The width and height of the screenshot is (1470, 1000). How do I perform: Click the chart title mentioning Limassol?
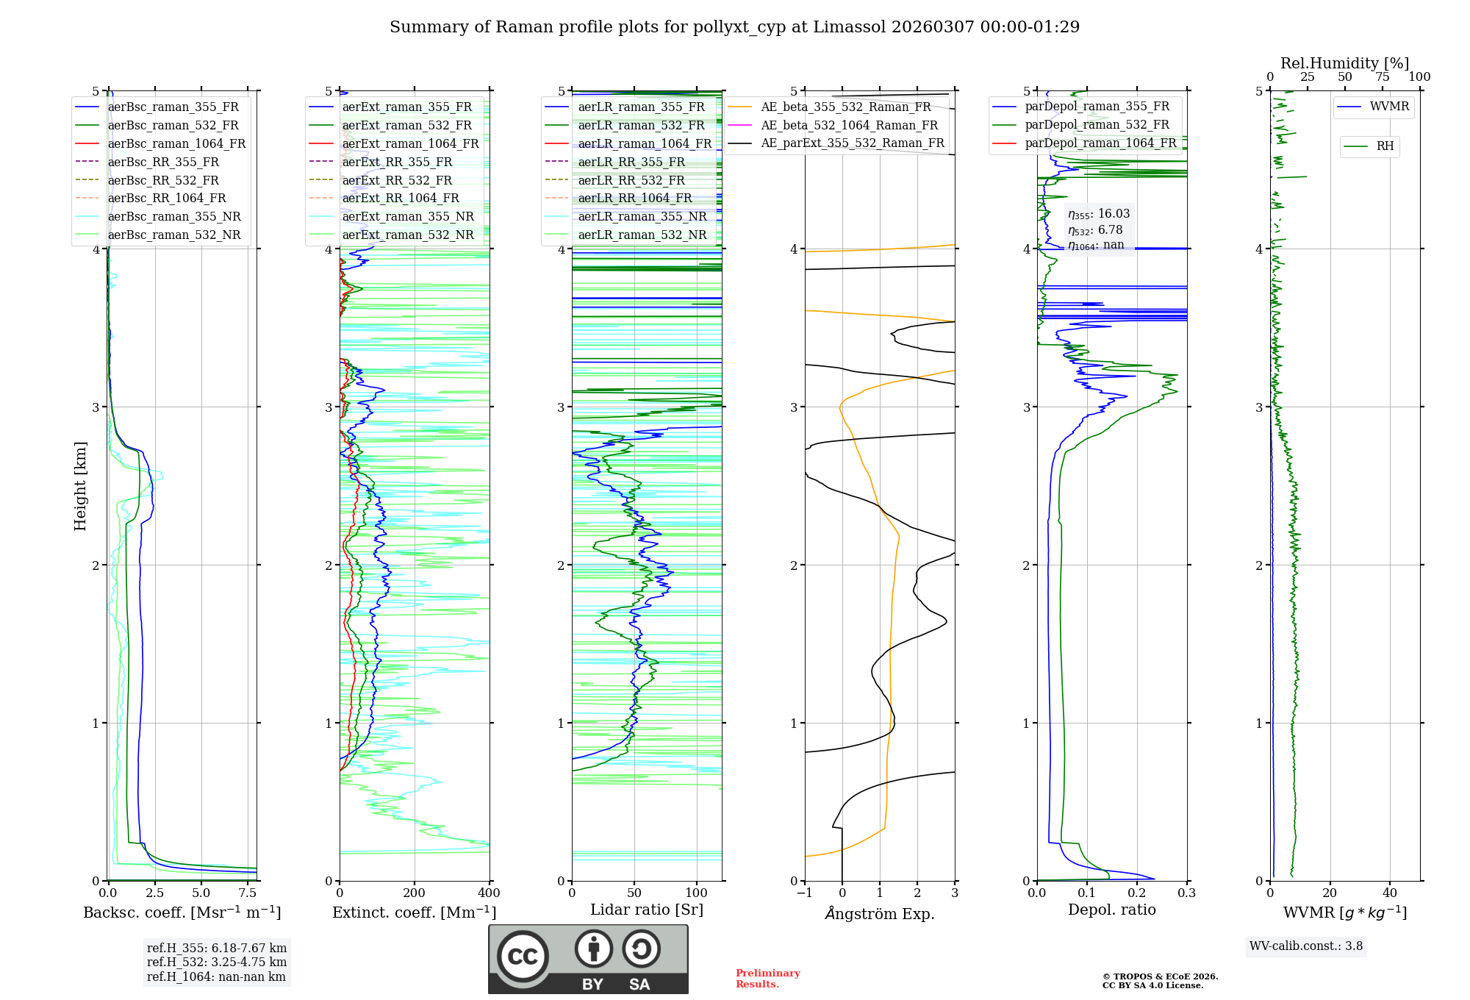pyautogui.click(x=734, y=27)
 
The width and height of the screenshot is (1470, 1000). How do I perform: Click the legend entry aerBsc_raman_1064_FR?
pyautogui.click(x=176, y=143)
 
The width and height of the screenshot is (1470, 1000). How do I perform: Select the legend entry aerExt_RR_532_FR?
pyautogui.click(x=397, y=180)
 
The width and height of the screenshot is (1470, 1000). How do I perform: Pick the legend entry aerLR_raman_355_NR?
pyautogui.click(x=642, y=216)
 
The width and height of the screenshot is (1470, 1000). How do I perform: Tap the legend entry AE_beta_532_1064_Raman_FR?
pyautogui.click(x=849, y=125)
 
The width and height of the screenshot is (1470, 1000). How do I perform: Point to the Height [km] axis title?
pyautogui.click(x=80, y=486)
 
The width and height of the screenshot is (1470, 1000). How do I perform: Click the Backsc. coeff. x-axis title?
pyautogui.click(x=182, y=913)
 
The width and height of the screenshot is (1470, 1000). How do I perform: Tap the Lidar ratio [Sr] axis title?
pyautogui.click(x=647, y=910)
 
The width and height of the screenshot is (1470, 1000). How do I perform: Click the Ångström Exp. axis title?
pyautogui.click(x=880, y=913)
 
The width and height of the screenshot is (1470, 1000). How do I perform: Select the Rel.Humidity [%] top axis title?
pyautogui.click(x=1344, y=63)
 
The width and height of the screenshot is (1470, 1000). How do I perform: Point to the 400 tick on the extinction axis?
pyautogui.click(x=490, y=893)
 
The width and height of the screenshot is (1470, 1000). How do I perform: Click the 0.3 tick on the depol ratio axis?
pyautogui.click(x=1187, y=893)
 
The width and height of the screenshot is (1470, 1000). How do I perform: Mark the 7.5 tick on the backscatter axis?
pyautogui.click(x=248, y=893)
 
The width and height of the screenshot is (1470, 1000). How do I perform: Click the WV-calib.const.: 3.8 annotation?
pyautogui.click(x=1306, y=946)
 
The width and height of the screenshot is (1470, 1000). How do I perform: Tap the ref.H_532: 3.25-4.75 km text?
pyautogui.click(x=217, y=962)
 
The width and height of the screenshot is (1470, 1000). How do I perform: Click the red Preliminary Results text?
pyautogui.click(x=767, y=978)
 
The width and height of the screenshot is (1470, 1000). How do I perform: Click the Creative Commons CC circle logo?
pyautogui.click(x=523, y=956)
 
